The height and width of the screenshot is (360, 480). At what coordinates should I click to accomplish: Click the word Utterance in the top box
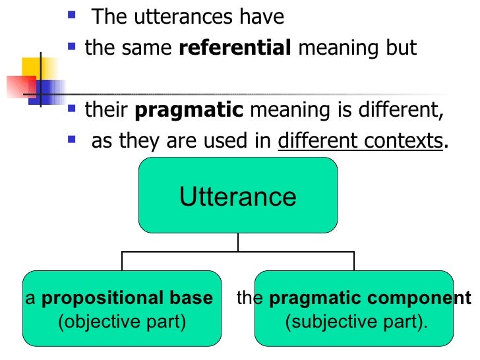coord(238,196)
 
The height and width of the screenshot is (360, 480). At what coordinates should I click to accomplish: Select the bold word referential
coord(235,49)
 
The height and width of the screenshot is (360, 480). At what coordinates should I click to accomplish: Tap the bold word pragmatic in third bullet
coord(189,109)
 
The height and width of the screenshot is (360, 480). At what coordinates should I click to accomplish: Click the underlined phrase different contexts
coord(359,140)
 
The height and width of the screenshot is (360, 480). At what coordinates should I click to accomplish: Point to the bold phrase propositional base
coord(127,298)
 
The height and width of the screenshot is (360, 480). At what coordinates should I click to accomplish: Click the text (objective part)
coord(122,322)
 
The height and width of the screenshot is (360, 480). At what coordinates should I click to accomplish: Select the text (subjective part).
coord(356,322)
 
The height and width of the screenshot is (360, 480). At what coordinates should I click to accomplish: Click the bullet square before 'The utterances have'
coord(73,14)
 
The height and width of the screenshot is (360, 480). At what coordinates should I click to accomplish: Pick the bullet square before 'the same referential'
coord(73,47)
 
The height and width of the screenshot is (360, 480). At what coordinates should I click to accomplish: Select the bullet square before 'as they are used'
coord(73,138)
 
